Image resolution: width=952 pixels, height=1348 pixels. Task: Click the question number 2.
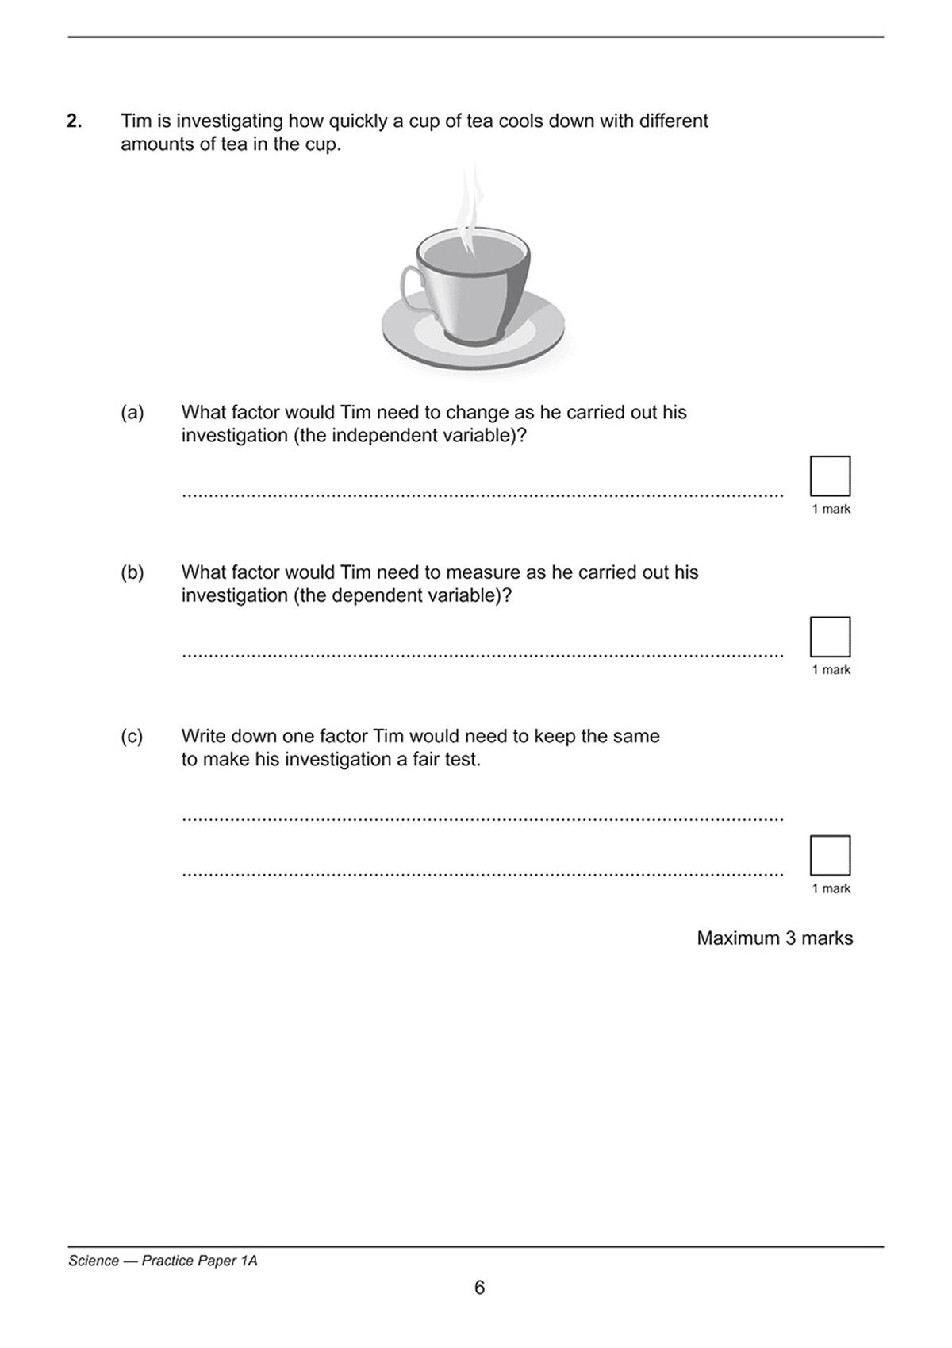74,121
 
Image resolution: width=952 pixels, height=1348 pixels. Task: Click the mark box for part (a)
830,476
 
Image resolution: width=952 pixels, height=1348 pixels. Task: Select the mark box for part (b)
830,637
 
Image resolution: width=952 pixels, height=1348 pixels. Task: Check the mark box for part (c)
830,856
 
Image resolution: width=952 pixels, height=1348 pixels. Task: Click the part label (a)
132,413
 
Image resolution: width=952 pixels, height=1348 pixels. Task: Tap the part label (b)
132,572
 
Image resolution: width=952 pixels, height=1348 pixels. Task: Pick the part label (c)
132,737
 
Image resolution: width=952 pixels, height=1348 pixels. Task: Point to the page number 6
479,1288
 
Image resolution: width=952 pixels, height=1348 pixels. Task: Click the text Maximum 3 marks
774,938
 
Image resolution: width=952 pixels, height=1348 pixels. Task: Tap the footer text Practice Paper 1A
199,1261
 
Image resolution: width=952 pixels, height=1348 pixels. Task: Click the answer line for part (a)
482,495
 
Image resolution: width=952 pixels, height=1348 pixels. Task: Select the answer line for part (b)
482,655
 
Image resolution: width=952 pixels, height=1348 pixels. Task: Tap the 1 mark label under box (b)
831,670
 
